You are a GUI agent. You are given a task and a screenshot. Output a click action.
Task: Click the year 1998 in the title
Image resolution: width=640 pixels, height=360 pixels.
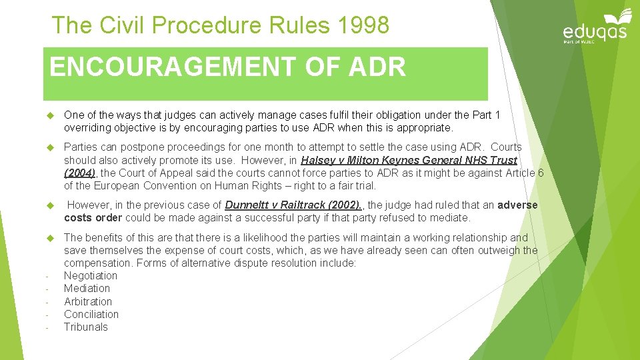[363, 25]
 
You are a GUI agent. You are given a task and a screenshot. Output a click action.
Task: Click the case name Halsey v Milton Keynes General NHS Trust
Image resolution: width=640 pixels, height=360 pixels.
[409, 160]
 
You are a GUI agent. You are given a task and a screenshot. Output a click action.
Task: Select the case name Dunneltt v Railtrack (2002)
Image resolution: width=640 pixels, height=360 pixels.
[293, 205]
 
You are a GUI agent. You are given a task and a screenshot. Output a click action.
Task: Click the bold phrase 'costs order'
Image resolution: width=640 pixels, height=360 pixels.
[93, 218]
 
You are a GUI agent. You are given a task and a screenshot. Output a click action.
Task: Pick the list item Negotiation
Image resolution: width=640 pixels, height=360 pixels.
[90, 275]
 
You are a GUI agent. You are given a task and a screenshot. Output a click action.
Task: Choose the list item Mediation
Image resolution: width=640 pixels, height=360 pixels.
[87, 288]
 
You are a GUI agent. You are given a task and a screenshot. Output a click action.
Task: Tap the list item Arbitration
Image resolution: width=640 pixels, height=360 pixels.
[88, 301]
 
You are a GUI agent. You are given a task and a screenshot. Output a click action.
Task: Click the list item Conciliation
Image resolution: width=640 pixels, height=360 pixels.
[91, 314]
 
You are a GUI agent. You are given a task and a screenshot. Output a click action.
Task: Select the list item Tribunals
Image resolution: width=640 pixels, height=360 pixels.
[85, 327]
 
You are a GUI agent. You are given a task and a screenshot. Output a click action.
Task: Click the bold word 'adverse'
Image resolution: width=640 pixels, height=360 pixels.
[517, 205]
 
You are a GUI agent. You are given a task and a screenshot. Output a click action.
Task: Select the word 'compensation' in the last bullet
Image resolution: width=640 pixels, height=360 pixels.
[95, 263]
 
